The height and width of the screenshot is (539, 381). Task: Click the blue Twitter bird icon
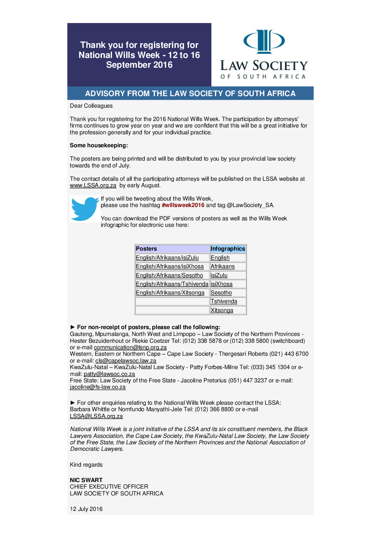85,208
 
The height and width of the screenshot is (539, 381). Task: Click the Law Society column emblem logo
264,41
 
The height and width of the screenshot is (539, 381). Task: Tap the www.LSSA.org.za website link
93,185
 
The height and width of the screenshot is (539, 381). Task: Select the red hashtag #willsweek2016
183,205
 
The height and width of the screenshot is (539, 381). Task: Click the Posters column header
146,249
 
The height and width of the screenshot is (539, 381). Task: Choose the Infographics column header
228,249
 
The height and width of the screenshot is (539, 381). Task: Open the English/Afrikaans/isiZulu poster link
167,258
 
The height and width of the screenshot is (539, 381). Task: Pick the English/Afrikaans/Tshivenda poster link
172,284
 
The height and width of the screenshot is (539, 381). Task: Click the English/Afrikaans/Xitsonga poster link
170,293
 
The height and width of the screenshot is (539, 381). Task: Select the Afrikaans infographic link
223,266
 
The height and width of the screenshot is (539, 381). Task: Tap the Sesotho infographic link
221,293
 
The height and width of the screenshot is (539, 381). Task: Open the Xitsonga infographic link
222,310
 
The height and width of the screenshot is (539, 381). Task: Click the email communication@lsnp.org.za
130,347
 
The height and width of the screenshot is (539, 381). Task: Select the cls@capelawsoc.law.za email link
126,361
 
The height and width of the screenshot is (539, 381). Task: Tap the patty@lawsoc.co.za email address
109,374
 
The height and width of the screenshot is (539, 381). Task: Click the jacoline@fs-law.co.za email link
98,387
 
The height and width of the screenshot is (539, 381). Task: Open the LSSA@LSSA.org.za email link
96,416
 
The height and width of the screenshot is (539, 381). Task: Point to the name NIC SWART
86,480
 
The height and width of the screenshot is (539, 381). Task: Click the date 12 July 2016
86,509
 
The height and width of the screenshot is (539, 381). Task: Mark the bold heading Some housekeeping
99,145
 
